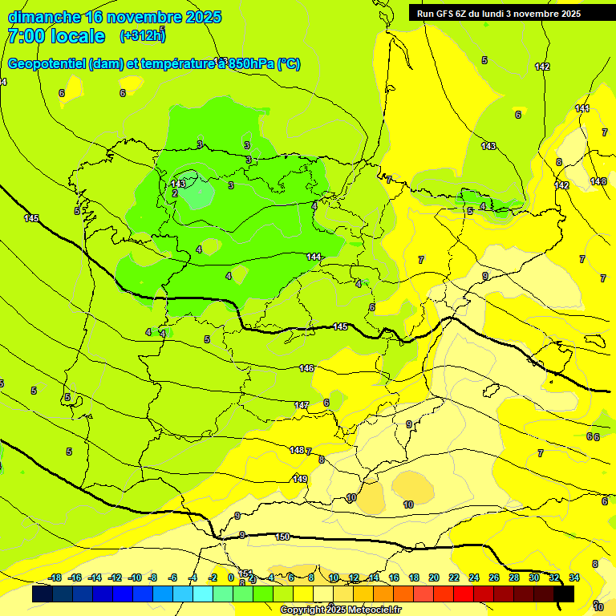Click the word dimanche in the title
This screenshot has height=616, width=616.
(44, 17)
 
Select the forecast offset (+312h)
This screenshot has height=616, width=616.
(142, 36)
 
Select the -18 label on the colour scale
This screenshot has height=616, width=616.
(55, 577)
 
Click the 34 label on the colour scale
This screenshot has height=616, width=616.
(574, 577)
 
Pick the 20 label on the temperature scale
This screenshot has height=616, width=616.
(434, 577)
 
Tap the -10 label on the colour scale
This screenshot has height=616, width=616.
(135, 577)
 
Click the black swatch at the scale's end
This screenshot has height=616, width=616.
(564, 594)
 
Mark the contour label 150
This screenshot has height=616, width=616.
(282, 537)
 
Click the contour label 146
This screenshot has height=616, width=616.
(306, 368)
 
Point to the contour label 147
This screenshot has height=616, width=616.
(302, 405)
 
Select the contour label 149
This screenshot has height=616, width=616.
(300, 479)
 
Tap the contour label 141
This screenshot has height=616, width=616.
(582, 108)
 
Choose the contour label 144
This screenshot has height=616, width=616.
(314, 257)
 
